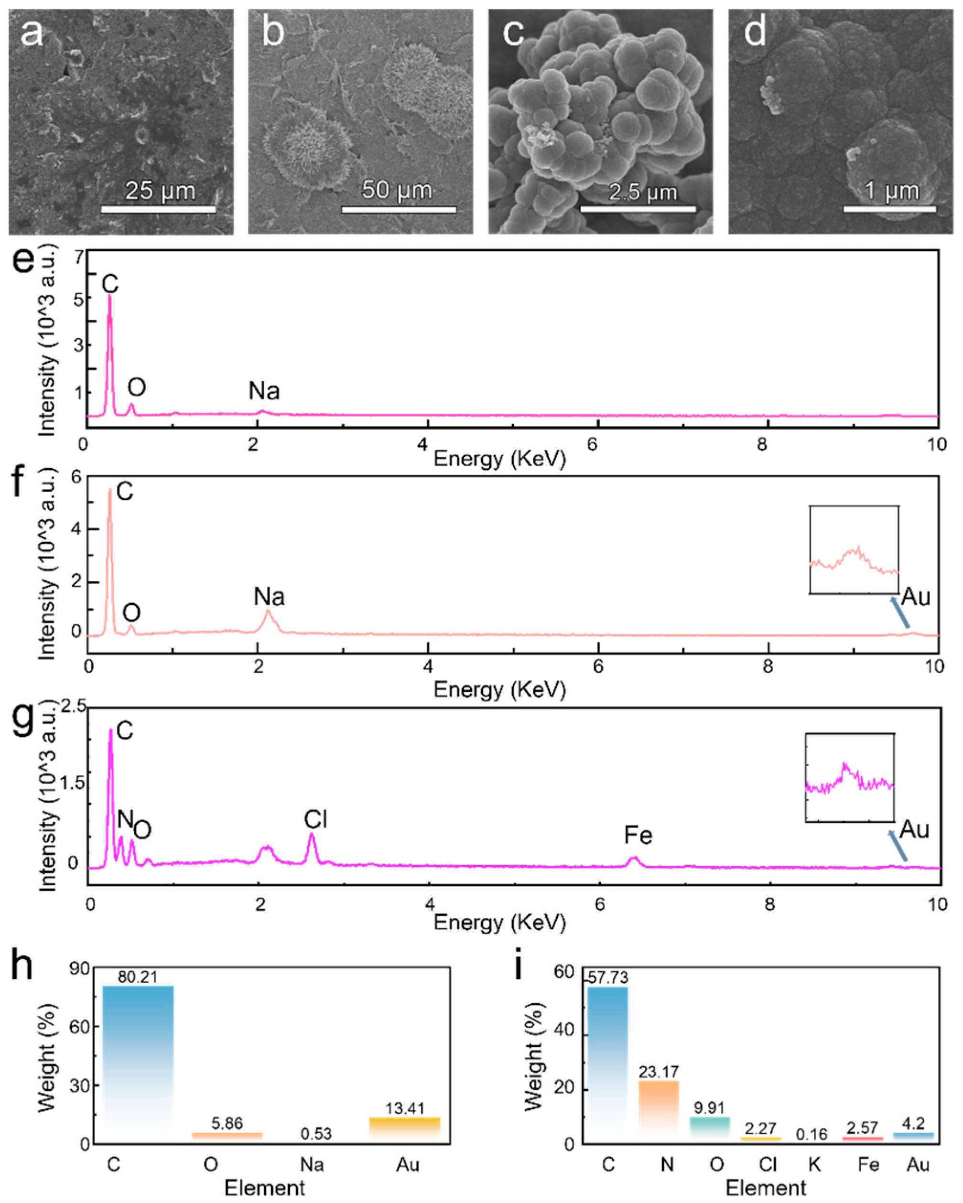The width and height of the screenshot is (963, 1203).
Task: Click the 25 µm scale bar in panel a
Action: (158, 209)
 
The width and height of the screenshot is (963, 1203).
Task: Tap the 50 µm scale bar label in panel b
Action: (397, 190)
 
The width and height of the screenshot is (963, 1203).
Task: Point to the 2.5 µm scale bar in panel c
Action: (638, 209)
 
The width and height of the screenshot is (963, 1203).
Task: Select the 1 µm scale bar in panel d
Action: (889, 209)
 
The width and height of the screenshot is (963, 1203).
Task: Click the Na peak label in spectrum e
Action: (264, 391)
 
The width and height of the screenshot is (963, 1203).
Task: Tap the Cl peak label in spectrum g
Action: (315, 820)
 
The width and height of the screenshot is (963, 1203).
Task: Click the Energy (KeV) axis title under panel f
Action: (499, 690)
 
